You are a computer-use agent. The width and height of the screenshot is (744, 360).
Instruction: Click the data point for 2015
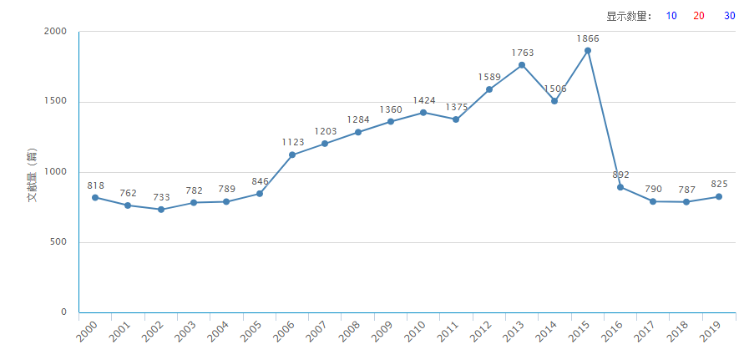coord(588,50)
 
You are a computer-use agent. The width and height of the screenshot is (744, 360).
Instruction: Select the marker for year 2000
coord(95,197)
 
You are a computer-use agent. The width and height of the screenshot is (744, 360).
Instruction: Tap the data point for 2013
coord(522,65)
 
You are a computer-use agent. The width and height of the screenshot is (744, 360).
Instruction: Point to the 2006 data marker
coord(292,155)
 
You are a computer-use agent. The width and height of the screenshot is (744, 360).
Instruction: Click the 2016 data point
coord(620,187)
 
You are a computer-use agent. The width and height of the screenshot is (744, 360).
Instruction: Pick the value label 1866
coord(588,38)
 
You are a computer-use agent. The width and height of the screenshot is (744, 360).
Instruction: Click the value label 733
coord(161,198)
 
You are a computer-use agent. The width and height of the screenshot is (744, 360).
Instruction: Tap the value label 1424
coord(424,101)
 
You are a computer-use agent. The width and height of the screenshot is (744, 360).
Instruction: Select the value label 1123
coord(293,143)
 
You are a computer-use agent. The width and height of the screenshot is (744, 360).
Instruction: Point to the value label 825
coord(719,184)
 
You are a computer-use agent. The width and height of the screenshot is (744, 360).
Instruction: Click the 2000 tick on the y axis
coord(55,31)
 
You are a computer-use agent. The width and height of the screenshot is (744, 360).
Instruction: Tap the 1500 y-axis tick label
coord(55,101)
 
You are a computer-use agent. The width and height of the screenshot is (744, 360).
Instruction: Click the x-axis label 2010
coord(416,332)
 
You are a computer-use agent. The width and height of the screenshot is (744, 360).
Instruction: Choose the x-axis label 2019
coord(711,332)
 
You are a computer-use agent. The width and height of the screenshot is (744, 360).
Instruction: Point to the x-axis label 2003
coord(186,332)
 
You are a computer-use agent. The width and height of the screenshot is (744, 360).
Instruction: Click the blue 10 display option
coord(671,16)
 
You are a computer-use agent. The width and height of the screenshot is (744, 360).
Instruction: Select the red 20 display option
coord(699,16)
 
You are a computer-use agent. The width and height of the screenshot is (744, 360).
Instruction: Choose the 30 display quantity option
coord(729,16)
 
